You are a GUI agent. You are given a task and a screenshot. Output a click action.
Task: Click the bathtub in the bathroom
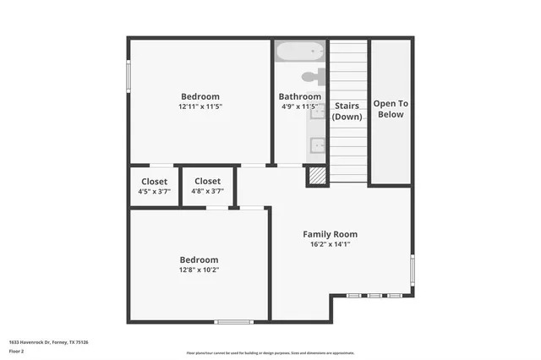[x=300, y=51]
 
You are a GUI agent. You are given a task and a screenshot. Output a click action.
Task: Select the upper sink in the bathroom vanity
[x=319, y=111]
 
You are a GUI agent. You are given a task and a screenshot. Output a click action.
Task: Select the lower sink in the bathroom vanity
[x=319, y=144]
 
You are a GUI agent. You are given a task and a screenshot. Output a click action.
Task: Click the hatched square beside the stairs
[x=316, y=176]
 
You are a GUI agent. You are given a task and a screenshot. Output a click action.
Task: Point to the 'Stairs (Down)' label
[x=347, y=111]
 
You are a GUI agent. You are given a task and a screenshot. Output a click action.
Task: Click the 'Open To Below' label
[x=391, y=109]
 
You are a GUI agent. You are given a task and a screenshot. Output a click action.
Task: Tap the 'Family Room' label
[x=331, y=234]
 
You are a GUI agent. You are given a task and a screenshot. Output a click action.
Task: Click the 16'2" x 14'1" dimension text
[x=331, y=244]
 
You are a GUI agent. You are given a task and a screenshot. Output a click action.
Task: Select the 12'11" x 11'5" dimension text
[x=200, y=107]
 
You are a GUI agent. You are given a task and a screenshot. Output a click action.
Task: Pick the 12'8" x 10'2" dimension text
[x=199, y=270]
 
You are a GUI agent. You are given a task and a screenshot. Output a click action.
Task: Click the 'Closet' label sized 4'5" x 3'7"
[x=153, y=182]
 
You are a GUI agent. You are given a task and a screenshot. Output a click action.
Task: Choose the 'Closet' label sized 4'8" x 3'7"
[x=207, y=181]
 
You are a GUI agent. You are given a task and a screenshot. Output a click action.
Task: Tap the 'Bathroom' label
[x=299, y=96]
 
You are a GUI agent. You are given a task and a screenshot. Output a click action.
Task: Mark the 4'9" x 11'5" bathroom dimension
[x=299, y=107]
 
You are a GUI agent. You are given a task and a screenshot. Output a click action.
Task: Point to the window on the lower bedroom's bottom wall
[x=233, y=321]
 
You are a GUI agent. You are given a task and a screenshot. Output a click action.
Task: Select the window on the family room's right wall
[x=413, y=270]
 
